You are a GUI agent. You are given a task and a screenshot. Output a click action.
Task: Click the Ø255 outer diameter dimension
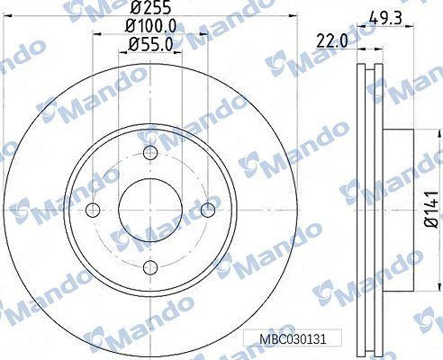(150, 7)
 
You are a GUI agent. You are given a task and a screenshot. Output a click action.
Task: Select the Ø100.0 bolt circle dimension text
(150, 26)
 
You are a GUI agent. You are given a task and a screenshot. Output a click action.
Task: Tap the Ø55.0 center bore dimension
(150, 45)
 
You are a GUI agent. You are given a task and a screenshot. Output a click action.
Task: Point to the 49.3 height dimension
(385, 19)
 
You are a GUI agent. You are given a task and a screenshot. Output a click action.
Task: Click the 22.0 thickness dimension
(332, 40)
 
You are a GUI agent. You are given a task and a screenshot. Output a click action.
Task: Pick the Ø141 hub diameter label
(431, 209)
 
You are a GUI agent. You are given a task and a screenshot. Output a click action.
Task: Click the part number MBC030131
(293, 339)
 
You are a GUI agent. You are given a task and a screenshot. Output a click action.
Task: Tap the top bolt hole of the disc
(150, 153)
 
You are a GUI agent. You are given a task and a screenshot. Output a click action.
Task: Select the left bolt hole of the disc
(93, 210)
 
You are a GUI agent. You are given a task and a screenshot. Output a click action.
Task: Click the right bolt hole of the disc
(208, 210)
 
